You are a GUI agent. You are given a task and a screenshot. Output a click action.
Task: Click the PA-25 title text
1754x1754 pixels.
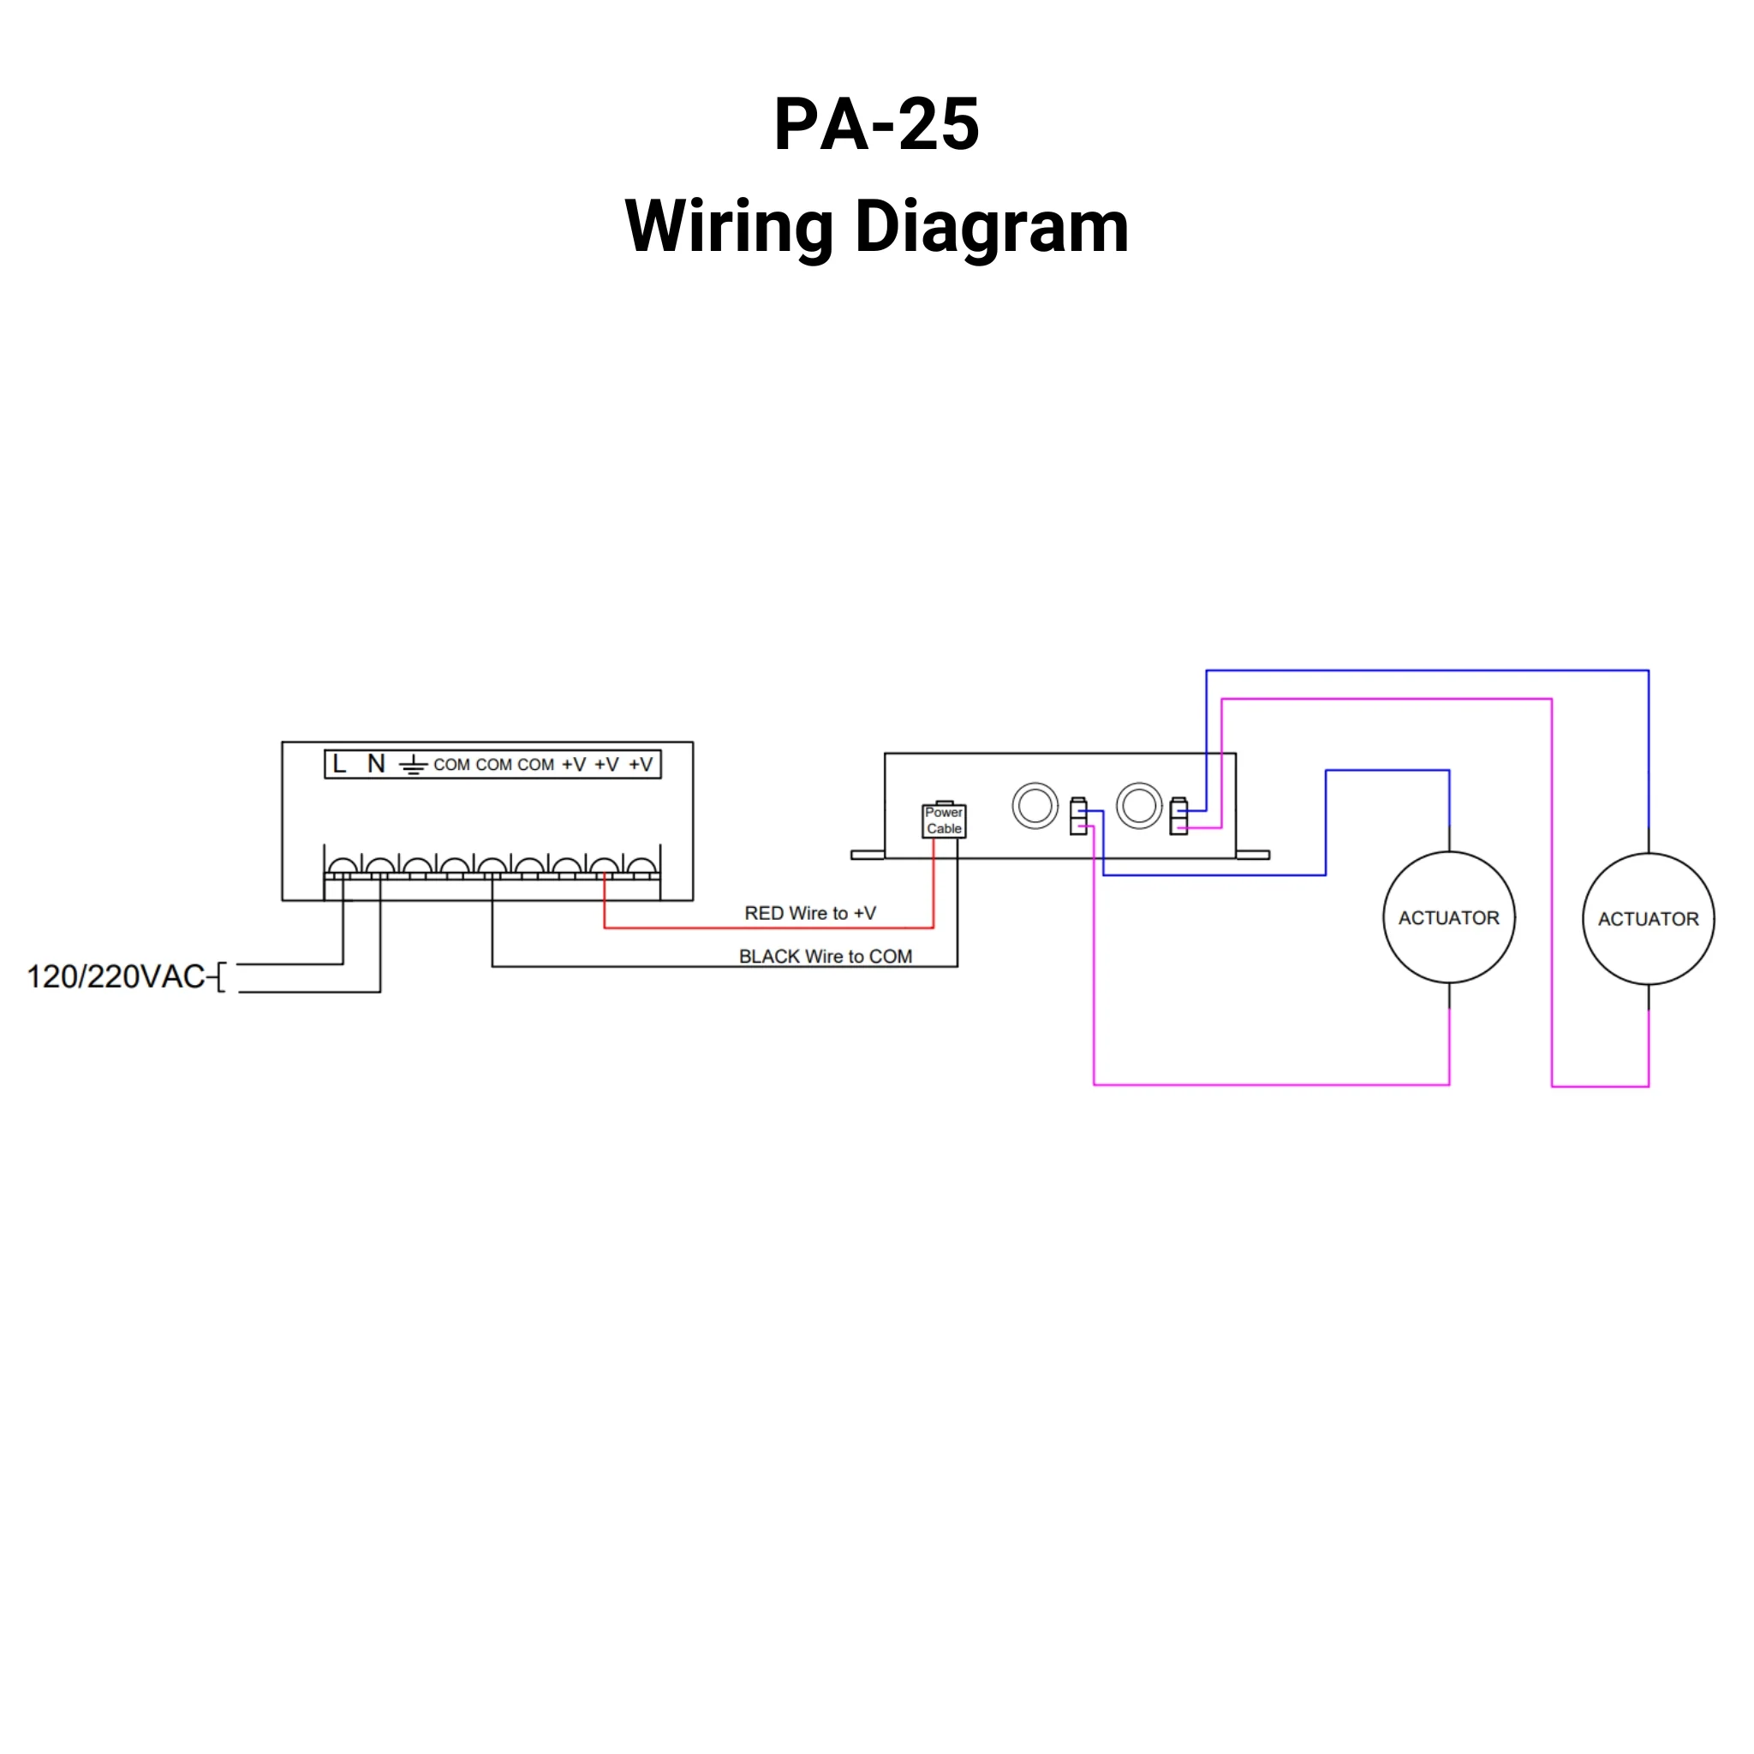876,124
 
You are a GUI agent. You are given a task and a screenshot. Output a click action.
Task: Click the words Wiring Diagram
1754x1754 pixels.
876,227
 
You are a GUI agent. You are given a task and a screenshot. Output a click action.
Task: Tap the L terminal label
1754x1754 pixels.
339,765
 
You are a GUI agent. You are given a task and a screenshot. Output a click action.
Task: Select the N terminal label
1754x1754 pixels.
376,765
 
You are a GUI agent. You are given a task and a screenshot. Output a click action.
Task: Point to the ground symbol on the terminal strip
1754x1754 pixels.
413,766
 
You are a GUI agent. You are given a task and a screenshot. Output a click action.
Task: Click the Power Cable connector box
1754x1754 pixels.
944,820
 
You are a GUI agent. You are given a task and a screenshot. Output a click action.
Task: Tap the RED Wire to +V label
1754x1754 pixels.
810,913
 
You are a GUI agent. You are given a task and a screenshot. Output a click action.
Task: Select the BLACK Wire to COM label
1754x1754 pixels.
826,957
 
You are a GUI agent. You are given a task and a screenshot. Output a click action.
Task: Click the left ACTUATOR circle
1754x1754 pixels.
1449,918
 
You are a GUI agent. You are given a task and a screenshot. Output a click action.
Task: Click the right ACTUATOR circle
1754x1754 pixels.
1648,919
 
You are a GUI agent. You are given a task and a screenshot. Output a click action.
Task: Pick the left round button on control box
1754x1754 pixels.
1035,805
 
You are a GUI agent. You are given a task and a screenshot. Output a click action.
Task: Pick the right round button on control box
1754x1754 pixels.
1138,805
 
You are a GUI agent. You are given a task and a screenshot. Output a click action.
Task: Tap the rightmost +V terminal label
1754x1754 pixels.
641,765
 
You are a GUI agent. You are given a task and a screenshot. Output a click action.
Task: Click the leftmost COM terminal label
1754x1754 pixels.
451,765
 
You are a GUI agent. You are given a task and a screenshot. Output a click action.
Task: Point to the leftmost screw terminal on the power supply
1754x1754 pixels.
343,867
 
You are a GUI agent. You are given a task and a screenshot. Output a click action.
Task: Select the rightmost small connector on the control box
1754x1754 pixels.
1178,816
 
